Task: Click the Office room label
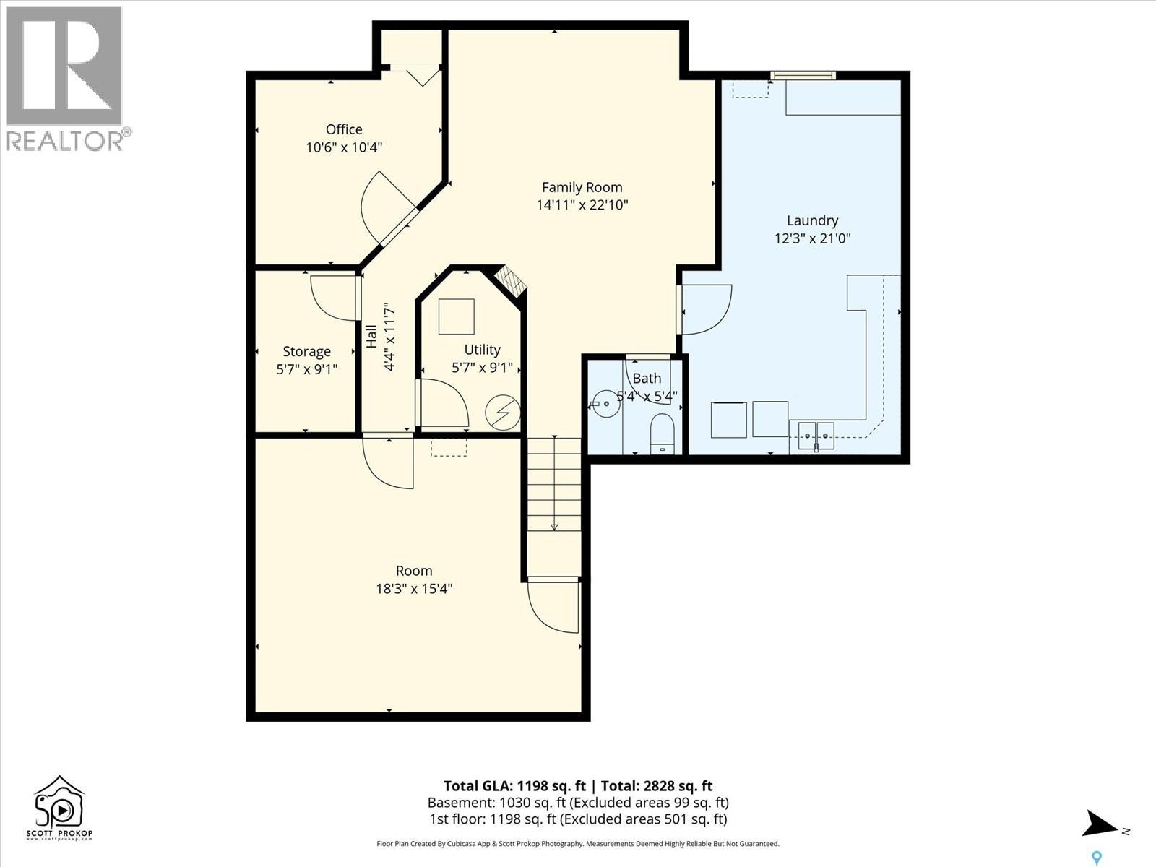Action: (x=344, y=129)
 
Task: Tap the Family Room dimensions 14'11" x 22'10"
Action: (x=582, y=205)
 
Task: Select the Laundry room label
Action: (x=812, y=220)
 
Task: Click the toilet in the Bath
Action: (x=662, y=434)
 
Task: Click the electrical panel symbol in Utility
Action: (x=502, y=412)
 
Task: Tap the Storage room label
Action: (x=306, y=351)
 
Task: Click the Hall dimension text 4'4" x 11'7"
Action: (x=389, y=337)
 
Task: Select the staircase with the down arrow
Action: (x=554, y=484)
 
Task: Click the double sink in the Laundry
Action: (x=816, y=435)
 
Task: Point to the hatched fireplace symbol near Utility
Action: (x=511, y=282)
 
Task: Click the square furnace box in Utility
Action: (x=457, y=316)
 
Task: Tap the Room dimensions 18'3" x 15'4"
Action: (x=414, y=589)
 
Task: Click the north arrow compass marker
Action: (x=1101, y=824)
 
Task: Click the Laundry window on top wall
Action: (x=803, y=75)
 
